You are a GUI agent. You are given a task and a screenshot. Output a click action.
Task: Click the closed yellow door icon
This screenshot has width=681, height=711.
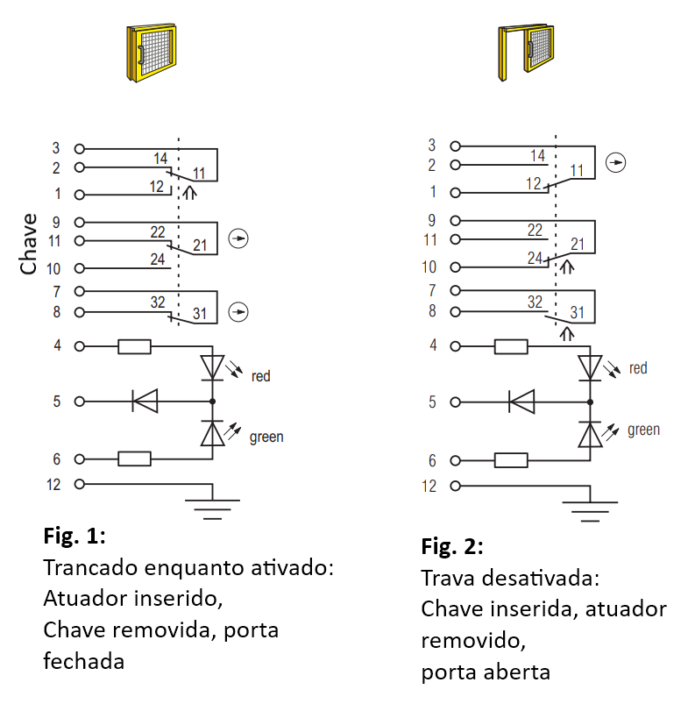[152, 53]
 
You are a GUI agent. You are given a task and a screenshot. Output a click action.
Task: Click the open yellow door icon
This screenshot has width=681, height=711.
[526, 53]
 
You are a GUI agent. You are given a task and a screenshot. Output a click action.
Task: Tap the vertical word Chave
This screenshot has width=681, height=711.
[28, 244]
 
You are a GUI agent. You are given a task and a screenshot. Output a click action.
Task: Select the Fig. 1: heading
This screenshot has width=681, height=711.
[74, 536]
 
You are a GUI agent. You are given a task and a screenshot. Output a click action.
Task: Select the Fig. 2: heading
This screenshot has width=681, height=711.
[452, 546]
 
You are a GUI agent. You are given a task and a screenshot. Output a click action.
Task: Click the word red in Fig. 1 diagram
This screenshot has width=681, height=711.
[260, 376]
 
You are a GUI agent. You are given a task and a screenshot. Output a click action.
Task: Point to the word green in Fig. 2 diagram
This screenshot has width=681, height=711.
[643, 430]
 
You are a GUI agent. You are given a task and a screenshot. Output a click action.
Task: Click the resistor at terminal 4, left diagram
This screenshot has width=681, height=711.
[135, 346]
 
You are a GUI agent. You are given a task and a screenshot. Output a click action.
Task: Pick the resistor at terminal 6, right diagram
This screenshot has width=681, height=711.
[511, 460]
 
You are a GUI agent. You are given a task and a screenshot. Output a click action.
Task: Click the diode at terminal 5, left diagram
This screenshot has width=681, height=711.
[145, 401]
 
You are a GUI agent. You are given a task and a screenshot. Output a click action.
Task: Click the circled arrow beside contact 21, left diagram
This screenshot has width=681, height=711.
[238, 238]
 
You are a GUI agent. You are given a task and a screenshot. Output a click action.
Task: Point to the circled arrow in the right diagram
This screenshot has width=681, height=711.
[616, 162]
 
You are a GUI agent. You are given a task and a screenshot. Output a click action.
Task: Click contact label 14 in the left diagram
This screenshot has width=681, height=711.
[160, 159]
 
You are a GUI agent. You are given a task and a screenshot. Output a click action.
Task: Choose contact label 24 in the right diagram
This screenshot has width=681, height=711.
[535, 258]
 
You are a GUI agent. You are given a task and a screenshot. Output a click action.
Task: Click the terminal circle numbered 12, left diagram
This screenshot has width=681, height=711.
[80, 484]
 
